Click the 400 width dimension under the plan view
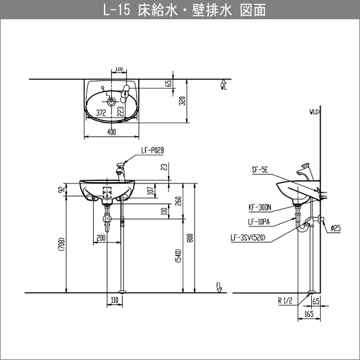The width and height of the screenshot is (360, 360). click(x=112, y=132)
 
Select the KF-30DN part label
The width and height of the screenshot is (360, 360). click(x=260, y=207)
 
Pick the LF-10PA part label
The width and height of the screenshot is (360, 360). click(x=259, y=222)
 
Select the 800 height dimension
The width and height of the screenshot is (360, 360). click(x=190, y=237)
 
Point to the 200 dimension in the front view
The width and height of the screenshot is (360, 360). click(x=101, y=237)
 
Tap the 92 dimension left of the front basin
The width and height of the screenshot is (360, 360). click(x=61, y=190)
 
